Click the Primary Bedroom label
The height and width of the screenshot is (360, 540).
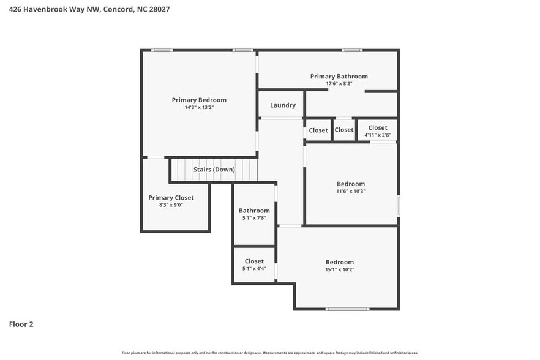coord(199,100)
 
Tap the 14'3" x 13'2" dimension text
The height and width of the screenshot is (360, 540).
coord(199,107)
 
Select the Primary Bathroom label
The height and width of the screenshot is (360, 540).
coord(339,77)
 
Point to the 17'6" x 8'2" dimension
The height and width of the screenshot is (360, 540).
coord(339,84)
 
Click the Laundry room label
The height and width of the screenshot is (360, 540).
coord(283,105)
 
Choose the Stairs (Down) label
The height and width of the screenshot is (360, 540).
coord(214,169)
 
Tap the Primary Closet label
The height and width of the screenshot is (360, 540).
coord(171,198)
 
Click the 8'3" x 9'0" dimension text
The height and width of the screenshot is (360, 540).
coord(171,205)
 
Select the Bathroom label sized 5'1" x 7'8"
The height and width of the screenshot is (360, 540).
coord(254,211)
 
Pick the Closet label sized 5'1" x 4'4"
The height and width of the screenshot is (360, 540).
coord(254,261)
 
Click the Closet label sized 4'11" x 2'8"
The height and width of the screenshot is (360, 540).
coord(378,128)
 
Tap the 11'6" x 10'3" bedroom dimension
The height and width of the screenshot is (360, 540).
coord(351,191)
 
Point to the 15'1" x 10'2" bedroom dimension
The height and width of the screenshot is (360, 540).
coord(340,269)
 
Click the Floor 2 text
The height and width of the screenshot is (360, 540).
coord(21,324)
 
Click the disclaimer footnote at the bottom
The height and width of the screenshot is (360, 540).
coord(270,353)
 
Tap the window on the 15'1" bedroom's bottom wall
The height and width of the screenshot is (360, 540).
coord(347,309)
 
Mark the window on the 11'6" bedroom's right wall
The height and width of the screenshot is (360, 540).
coord(398,205)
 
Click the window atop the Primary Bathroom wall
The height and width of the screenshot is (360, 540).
coord(351,50)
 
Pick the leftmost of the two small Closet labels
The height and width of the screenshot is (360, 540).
coord(318,130)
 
